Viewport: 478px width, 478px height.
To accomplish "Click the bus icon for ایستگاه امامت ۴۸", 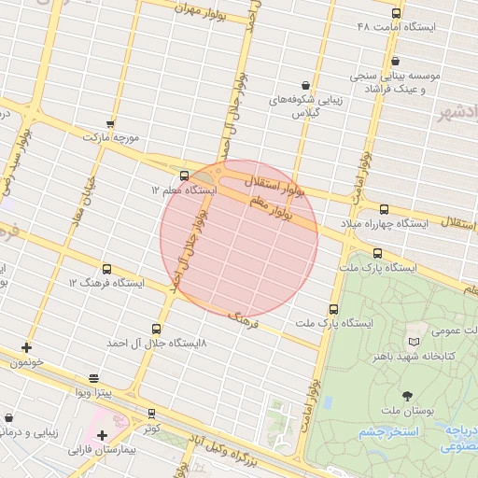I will pos(397,13).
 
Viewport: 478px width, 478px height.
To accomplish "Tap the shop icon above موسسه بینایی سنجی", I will pos(396,60).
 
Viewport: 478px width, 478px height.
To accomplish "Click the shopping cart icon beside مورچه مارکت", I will pos(111,123).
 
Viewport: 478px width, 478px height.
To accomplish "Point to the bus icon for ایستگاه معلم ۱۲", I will pos(183,176).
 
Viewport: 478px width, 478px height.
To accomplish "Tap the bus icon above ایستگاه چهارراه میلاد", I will pos(385,210).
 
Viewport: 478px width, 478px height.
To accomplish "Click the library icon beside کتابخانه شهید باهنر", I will pos(415,331).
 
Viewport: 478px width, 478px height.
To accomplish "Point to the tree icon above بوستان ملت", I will pos(407,397).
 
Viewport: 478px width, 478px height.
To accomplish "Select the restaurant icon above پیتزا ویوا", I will pos(93,379).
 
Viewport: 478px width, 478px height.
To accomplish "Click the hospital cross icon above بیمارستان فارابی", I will pos(102,436).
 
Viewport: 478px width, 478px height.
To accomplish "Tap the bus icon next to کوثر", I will pos(151,414).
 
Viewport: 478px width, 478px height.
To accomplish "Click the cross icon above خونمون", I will pos(26,347).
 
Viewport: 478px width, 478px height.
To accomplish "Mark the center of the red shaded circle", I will pos(239,239).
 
